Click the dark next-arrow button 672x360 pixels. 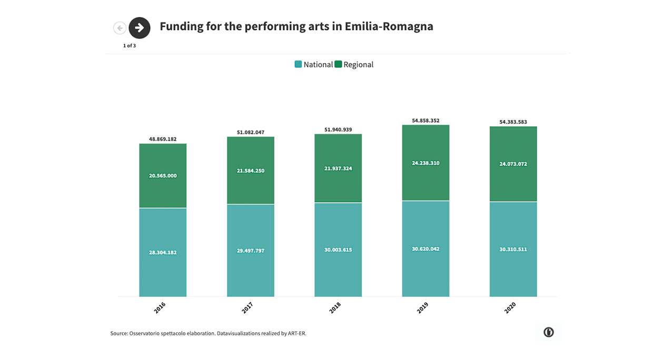coord(140,28)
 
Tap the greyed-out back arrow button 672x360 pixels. coord(120,28)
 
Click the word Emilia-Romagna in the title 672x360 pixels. coord(389,26)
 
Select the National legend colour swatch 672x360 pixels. coord(298,64)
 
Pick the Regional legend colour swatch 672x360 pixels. coord(338,64)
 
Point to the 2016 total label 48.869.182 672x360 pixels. coord(163,139)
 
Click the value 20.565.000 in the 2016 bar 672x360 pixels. coord(163,176)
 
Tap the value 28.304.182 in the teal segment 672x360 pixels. coord(163,253)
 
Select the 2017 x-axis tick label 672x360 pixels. coord(248,307)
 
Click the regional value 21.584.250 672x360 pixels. coord(251,171)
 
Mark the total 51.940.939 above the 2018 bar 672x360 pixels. coord(338,129)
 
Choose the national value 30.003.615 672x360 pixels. coord(338,250)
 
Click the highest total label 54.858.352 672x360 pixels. coord(426,121)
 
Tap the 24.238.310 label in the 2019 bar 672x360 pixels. coord(426,163)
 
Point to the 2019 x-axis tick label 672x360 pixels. coord(423,307)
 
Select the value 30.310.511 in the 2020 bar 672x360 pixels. coord(513,249)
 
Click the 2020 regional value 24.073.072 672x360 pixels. coord(513,164)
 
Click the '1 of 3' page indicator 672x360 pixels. coord(130,46)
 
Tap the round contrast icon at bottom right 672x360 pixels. coord(548,332)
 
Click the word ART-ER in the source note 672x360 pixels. coord(297,333)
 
